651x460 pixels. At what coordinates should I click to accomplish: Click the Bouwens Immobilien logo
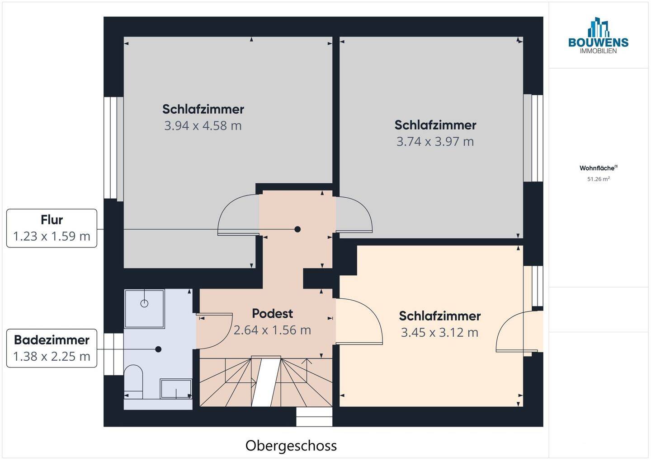coord(598,36)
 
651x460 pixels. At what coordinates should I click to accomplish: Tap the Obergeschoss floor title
coord(291,446)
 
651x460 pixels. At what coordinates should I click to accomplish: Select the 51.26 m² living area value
coord(598,179)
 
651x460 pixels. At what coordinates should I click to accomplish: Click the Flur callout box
coord(52,228)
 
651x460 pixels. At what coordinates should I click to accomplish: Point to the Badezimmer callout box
coord(52,348)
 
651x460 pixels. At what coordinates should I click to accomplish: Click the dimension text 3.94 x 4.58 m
coord(203,125)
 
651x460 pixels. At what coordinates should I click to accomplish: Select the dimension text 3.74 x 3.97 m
coord(435,142)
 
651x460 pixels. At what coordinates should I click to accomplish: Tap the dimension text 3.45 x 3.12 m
coord(439,333)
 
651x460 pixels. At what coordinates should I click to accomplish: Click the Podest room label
coord(272,313)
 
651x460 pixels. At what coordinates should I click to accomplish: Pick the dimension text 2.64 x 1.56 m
coord(272,330)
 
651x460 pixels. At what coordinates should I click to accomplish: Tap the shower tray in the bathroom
coord(145,309)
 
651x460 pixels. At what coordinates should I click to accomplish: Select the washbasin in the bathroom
coord(176,389)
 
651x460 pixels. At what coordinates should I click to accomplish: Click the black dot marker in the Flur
coord(297,229)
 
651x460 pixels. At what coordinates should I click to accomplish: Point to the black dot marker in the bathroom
coord(158,349)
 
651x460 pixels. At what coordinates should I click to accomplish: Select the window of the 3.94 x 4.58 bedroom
coord(113,148)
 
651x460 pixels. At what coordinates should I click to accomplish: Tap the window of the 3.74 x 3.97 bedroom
coord(533,138)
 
